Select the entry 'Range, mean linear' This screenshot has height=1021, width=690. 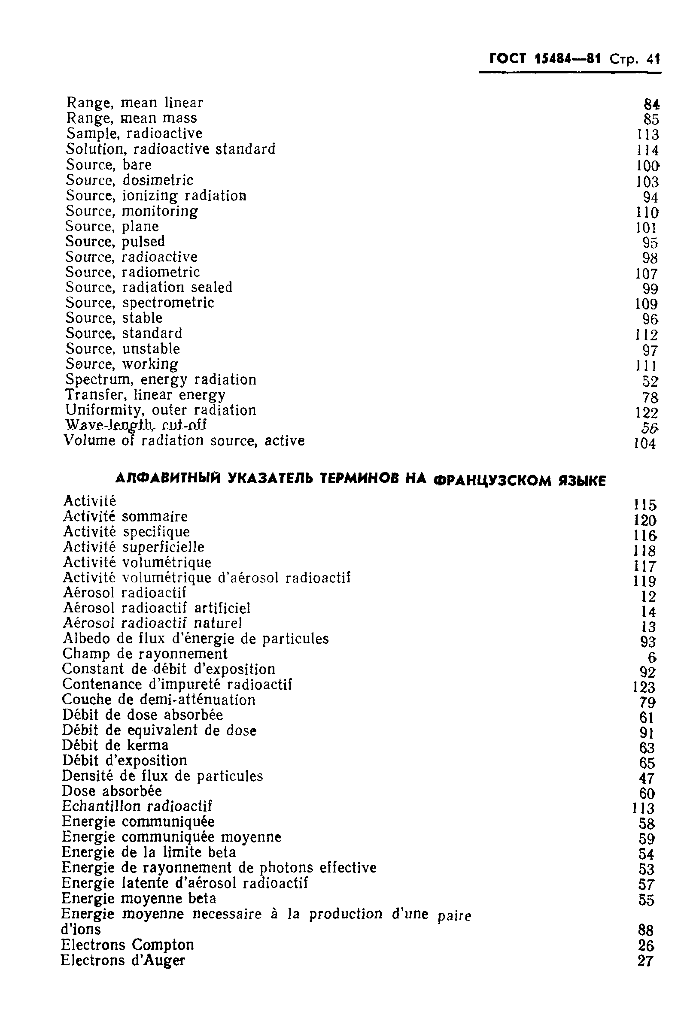134,103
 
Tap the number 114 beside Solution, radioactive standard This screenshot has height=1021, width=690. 647,150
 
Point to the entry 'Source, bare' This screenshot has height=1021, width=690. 109,165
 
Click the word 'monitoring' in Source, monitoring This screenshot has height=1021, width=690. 160,211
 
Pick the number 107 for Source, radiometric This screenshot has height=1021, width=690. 646,274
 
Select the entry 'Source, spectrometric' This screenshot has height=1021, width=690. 140,303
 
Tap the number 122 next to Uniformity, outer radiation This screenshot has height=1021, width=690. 647,412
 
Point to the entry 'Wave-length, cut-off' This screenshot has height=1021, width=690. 135,425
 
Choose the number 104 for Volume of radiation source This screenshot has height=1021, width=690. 645,444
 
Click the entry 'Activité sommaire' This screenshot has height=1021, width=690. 125,516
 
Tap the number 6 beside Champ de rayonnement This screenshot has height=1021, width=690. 651,657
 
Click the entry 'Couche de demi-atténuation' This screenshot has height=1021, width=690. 158,700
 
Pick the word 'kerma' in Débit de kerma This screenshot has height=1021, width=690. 147,745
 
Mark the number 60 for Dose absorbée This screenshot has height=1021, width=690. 647,794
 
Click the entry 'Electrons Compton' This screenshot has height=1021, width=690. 128,945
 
